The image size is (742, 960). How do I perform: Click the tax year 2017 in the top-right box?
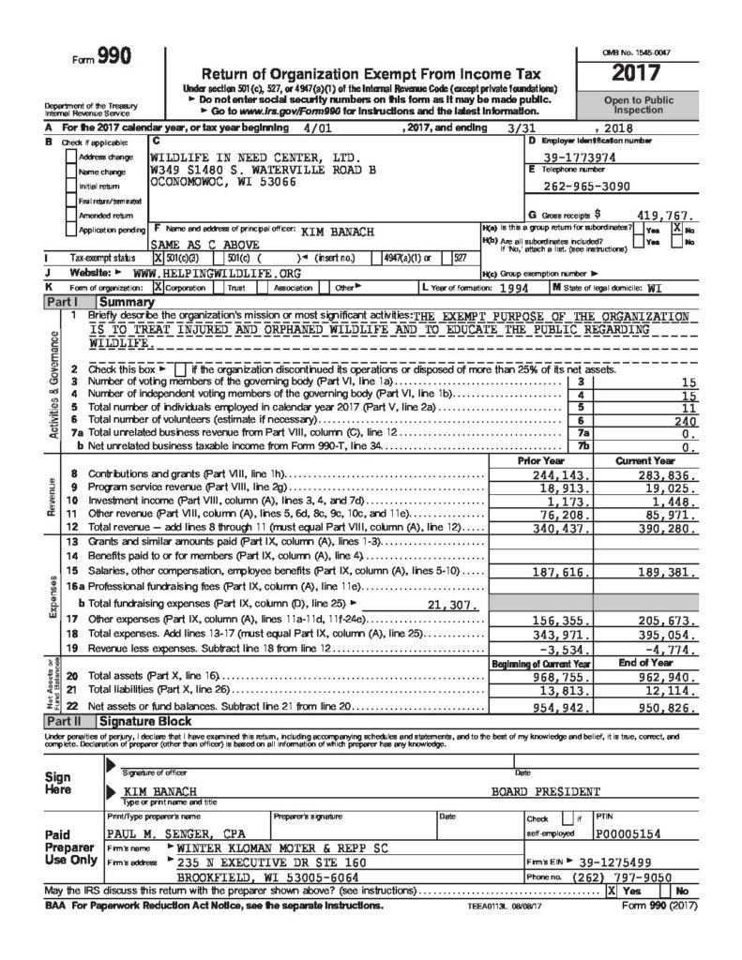tap(637, 73)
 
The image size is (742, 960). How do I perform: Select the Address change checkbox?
tap(73, 157)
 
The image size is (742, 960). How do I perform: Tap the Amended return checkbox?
tap(73, 216)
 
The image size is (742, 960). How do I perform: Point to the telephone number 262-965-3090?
tap(581, 187)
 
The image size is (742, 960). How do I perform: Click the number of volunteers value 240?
tap(684, 422)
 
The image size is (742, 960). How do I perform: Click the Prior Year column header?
tap(540, 461)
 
